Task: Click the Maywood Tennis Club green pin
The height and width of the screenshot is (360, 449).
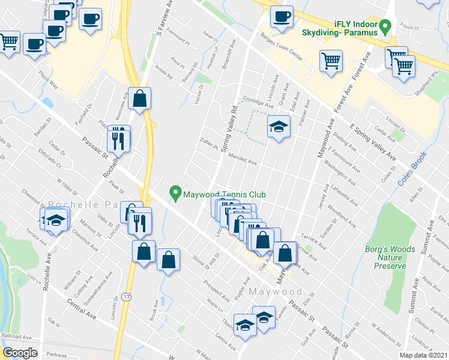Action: pos(175,194)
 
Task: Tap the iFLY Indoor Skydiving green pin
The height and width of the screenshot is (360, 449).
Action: pos(387,26)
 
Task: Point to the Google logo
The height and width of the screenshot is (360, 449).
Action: pos(20,353)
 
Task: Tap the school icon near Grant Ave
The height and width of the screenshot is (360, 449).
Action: pos(279,126)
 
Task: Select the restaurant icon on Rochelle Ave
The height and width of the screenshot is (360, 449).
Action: pos(118,140)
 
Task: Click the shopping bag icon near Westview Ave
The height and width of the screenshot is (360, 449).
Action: pos(139,100)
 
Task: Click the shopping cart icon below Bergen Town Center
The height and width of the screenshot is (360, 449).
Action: pos(331,62)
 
